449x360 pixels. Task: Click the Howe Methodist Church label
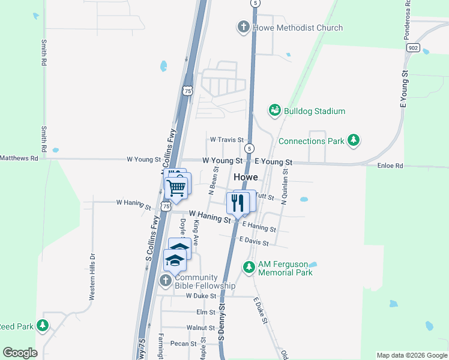tap(298, 28)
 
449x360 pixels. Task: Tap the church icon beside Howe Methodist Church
tap(244, 27)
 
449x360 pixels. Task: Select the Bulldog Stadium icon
tap(275, 110)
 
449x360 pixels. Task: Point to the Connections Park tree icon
tap(354, 140)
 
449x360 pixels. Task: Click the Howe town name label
tap(246, 177)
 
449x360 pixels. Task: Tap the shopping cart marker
tap(176, 187)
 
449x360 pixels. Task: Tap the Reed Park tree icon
tap(43, 326)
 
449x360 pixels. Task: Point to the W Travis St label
tap(226, 140)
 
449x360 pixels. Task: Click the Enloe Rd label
tap(390, 165)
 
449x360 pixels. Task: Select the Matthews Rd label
tap(19, 158)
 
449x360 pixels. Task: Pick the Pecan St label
tap(184, 344)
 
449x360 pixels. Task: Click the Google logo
tap(20, 353)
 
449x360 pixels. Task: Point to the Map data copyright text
tap(412, 355)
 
